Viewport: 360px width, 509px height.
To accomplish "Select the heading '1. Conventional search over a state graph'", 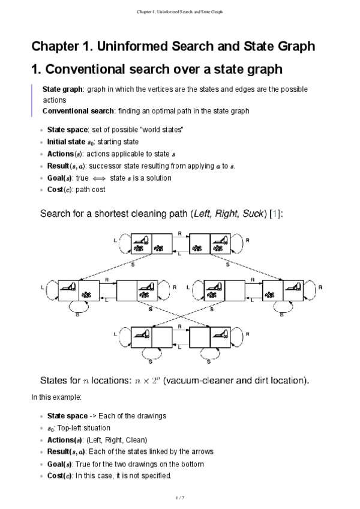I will pos(157,70).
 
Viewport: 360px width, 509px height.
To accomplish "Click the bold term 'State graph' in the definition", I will pos(62,89).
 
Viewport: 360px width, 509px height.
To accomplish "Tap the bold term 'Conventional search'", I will pos(79,112).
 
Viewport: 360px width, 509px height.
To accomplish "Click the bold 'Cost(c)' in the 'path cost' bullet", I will pos(60,190).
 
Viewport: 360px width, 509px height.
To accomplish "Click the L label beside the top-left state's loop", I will pos(115,239).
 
